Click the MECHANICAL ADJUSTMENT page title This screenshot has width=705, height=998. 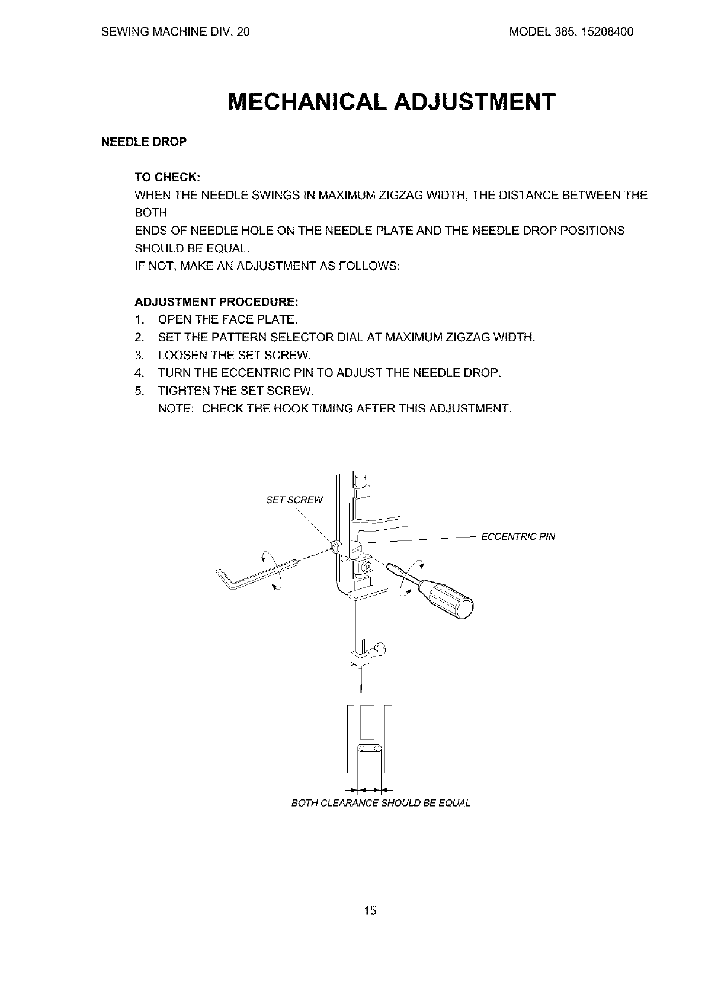pyautogui.click(x=392, y=102)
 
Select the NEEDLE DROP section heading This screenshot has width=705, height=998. pyautogui.click(x=144, y=142)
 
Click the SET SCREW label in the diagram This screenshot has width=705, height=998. pyautogui.click(x=294, y=500)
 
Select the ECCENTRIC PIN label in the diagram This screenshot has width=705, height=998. pyautogui.click(x=518, y=537)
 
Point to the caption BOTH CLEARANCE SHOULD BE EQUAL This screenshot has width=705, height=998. pyautogui.click(x=381, y=804)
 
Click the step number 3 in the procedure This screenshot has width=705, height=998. pyautogui.click(x=139, y=356)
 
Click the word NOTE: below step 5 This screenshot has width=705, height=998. pyautogui.click(x=176, y=409)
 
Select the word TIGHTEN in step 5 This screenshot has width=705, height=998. pyautogui.click(x=184, y=391)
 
